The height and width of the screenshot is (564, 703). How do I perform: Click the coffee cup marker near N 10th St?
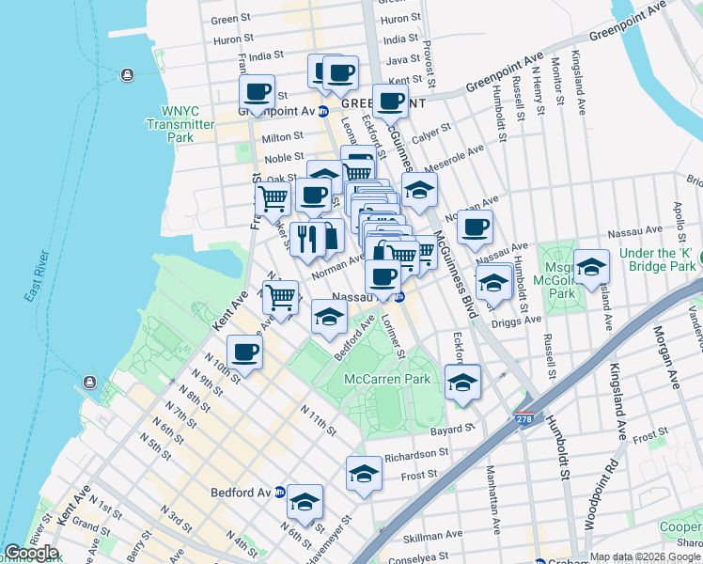[244, 352]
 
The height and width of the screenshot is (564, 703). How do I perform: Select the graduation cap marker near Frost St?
[364, 474]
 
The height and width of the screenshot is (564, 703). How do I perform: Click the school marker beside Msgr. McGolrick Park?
[591, 267]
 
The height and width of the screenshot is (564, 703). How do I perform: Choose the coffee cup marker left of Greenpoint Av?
[257, 92]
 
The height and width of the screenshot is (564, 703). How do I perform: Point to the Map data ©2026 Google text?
[645, 557]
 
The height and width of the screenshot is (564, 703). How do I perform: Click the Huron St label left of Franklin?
[227, 40]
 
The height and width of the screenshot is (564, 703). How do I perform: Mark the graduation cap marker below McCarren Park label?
[462, 382]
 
